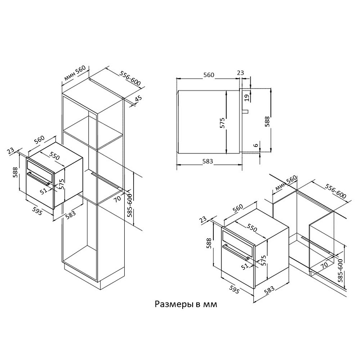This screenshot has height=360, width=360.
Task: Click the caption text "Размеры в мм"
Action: pyautogui.click(x=186, y=305)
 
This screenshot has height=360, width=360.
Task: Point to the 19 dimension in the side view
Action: pyautogui.click(x=247, y=97)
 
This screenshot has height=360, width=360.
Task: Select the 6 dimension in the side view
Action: pyautogui.click(x=255, y=145)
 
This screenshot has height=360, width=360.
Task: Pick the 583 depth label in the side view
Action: pyautogui.click(x=207, y=161)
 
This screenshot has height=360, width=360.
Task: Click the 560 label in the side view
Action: pyautogui.click(x=208, y=75)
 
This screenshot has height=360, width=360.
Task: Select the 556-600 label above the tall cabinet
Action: pyautogui.click(x=131, y=79)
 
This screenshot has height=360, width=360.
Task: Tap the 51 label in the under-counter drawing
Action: pyautogui.click(x=245, y=266)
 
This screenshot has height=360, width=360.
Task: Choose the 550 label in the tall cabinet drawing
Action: pyautogui.click(x=54, y=156)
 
